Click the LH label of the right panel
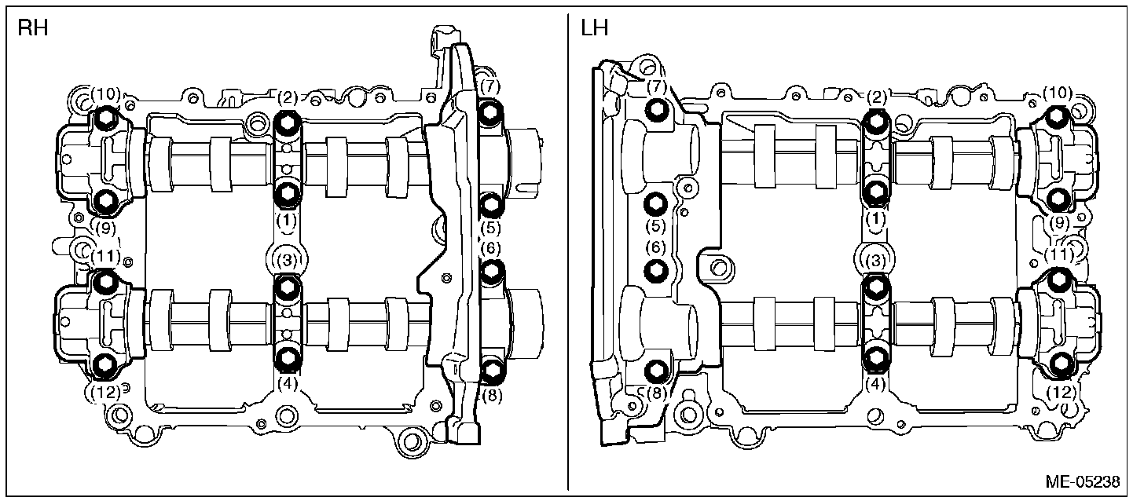[x=596, y=30]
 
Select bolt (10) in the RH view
[x=105, y=120]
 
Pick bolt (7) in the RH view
[x=490, y=112]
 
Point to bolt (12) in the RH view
[x=104, y=364]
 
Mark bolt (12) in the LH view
[x=1060, y=363]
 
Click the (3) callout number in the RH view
[x=288, y=258]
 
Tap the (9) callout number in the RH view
[x=104, y=228]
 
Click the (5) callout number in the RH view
[x=491, y=228]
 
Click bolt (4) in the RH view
[x=288, y=359]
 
